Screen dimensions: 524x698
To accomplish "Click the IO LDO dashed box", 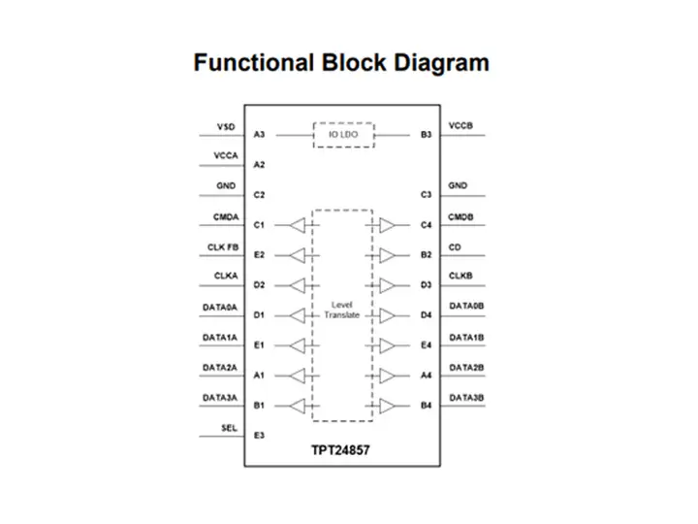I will pos(344,135).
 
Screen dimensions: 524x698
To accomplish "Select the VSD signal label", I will pos(225,126).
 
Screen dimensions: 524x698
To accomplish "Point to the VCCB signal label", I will pos(460,126).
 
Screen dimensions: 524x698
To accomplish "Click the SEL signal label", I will pos(230,427).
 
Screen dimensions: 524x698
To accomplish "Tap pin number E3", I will pos(259,436).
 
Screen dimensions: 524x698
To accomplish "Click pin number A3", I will pos(259,135).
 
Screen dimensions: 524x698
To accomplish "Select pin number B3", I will pos(426,135).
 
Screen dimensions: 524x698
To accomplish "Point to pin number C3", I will pos(426,195).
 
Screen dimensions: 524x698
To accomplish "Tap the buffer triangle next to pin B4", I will pos(387,406).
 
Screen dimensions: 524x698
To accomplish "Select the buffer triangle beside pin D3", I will pos(387,285).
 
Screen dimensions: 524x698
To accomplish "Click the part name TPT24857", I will pos(342,451).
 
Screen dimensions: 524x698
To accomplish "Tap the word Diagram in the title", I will pos(441,64).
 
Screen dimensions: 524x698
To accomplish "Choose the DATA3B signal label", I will pos(465,397).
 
